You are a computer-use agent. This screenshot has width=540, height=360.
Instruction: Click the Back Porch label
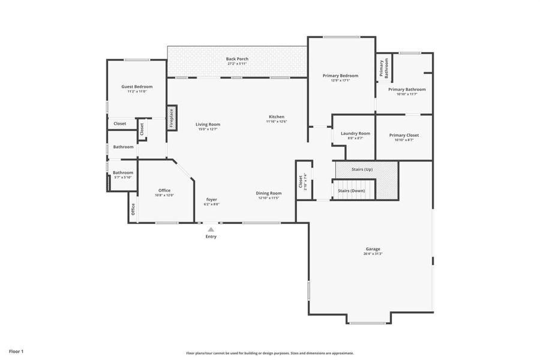237,59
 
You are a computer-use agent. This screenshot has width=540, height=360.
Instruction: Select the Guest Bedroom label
137,86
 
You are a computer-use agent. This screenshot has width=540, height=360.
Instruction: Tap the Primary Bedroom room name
340,76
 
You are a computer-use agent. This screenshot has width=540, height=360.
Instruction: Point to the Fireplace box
172,118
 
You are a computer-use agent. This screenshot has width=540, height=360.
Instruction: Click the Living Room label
208,124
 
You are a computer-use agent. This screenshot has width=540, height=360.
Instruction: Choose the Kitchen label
276,116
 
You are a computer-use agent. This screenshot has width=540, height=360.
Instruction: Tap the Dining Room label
268,193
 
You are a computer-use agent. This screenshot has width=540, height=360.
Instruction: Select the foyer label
211,199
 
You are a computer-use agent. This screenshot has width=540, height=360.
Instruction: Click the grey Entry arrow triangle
211,229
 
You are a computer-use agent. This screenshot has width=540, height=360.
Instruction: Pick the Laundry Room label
355,133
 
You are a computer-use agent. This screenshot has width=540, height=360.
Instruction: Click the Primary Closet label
404,135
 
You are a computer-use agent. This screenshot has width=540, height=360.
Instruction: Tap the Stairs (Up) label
362,170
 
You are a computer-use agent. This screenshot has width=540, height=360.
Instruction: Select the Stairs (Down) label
351,190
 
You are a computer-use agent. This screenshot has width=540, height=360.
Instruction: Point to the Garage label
373,248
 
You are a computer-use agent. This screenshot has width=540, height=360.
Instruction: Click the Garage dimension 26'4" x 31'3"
373,254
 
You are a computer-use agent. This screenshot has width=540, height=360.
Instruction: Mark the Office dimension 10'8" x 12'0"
164,195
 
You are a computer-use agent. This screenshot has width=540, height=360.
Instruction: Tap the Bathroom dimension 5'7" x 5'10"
123,177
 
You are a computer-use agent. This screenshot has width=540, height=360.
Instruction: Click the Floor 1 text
16,351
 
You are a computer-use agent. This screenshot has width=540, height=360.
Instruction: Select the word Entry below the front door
211,236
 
